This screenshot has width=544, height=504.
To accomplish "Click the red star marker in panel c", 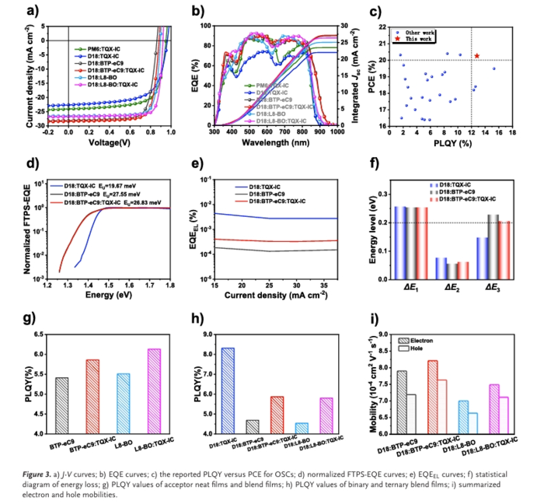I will click(x=477, y=55).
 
